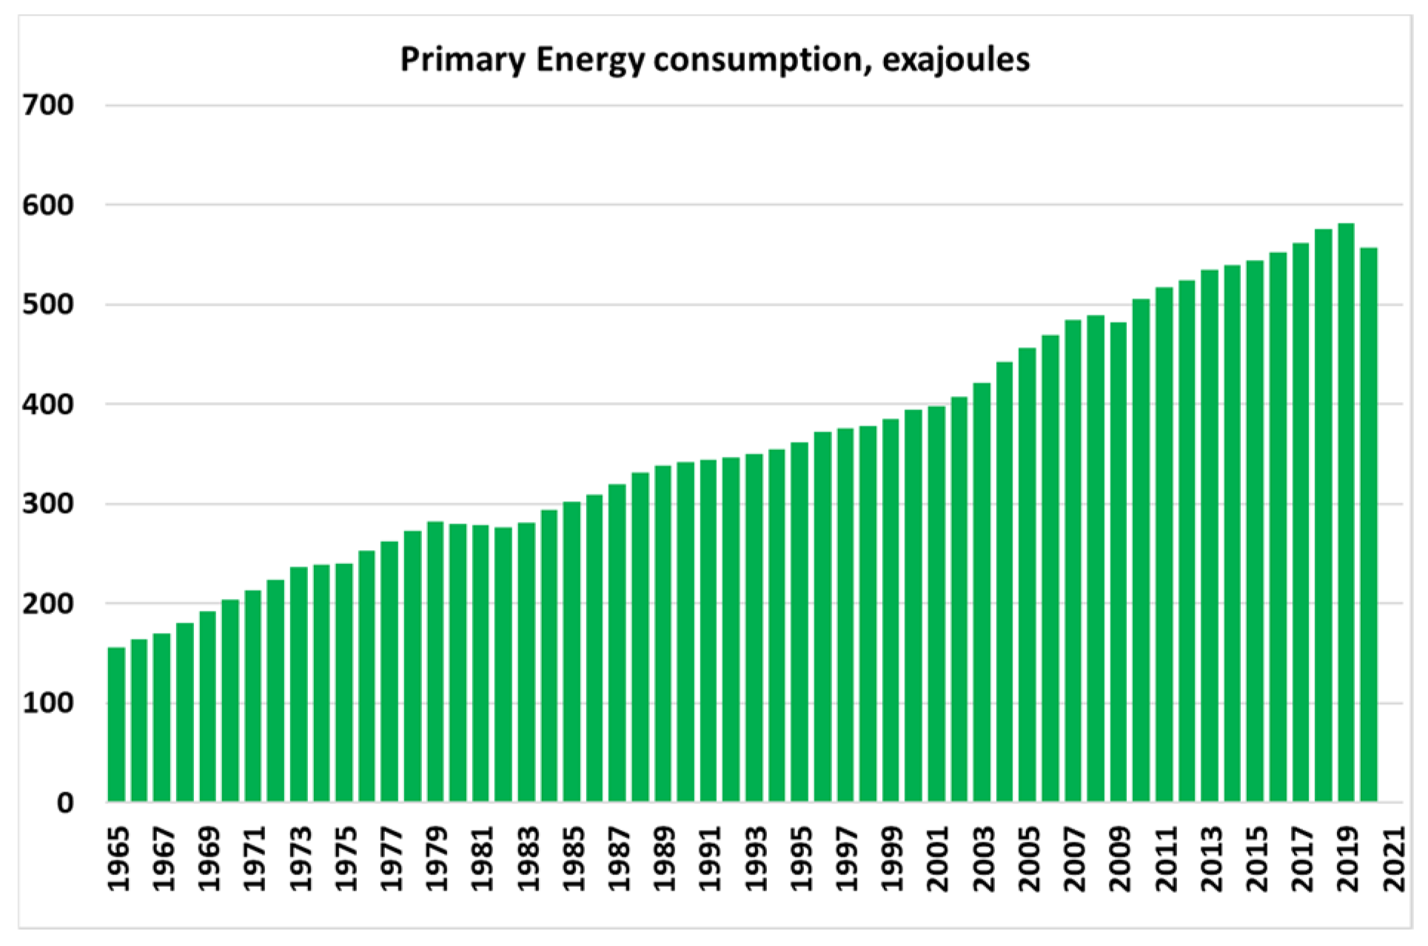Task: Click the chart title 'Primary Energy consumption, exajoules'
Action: (714, 59)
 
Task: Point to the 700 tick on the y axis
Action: (48, 105)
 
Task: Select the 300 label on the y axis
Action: (48, 504)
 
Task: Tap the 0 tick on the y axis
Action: (65, 803)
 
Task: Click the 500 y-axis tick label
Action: (48, 304)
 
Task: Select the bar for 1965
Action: (117, 725)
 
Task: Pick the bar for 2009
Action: (1119, 563)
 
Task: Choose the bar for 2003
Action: (982, 592)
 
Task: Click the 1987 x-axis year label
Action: (618, 858)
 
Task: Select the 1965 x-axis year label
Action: (117, 858)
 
